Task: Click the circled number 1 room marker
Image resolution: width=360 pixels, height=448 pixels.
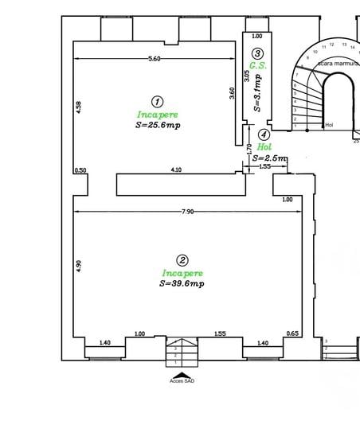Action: tap(157, 101)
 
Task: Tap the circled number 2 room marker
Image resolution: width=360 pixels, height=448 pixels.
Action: tap(182, 260)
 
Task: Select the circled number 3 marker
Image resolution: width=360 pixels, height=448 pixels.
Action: tap(257, 53)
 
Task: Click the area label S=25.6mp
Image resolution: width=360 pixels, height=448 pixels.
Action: tap(158, 126)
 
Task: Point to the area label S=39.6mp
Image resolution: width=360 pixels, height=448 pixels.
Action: tap(182, 283)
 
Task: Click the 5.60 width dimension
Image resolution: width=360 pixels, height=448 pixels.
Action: tap(155, 59)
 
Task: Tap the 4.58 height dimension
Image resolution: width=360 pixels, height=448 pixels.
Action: tap(78, 107)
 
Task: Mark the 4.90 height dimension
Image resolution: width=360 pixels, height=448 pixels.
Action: tap(79, 267)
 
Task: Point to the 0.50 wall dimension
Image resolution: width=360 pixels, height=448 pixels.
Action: tap(80, 170)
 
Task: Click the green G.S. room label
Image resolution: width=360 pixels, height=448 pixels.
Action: tap(257, 65)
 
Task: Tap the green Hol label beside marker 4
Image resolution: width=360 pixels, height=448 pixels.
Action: tap(265, 147)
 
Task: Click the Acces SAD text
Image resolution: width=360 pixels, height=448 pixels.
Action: tap(182, 381)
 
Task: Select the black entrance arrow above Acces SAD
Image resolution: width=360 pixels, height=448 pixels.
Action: tap(182, 374)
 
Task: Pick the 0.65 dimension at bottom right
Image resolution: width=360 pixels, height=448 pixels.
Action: tap(292, 333)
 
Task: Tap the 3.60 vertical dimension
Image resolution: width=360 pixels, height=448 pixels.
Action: tap(232, 92)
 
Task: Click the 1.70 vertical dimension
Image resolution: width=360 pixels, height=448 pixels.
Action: tap(249, 148)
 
